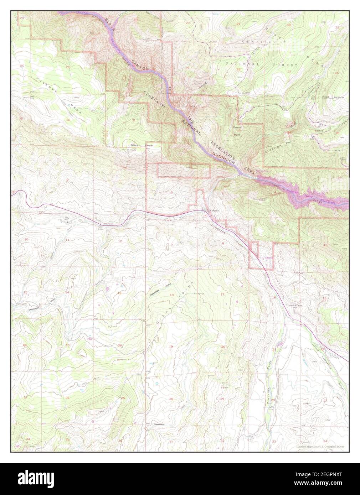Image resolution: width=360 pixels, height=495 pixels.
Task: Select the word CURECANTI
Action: pyautogui.click(x=153, y=100)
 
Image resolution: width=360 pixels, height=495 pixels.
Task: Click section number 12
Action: pyautogui.click(x=120, y=241)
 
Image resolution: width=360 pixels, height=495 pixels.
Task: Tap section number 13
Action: pyautogui.click(x=120, y=293)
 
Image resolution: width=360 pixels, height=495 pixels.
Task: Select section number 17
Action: pyautogui.click(x=222, y=294)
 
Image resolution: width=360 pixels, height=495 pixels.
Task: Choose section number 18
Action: pyautogui.click(x=171, y=295)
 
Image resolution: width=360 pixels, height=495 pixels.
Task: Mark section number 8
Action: pyautogui.click(x=223, y=243)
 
